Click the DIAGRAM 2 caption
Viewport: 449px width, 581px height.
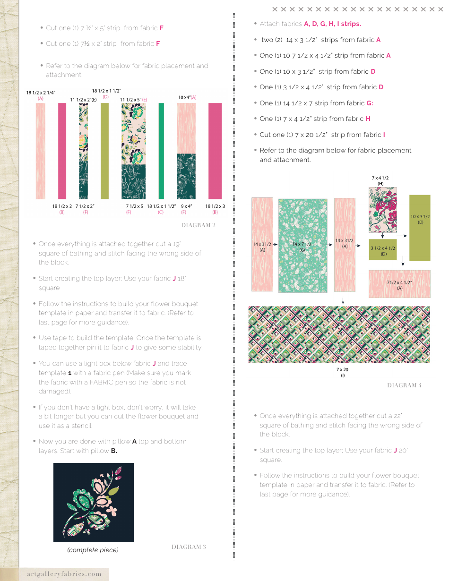(198, 225)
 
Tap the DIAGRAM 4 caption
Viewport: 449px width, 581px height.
(404, 385)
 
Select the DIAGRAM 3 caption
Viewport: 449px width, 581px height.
(189, 547)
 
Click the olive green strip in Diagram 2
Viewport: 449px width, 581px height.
(104, 151)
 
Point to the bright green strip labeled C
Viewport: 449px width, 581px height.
(161, 151)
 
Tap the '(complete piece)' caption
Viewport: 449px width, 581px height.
(93, 550)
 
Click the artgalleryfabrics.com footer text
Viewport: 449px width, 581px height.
(61, 574)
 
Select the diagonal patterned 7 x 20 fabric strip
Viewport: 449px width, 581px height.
(339, 334)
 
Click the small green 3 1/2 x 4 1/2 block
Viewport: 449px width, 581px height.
(382, 249)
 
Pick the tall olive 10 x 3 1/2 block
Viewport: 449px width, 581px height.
(420, 228)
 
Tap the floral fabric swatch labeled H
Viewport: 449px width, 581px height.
(382, 210)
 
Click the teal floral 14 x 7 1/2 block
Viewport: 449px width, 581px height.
(303, 246)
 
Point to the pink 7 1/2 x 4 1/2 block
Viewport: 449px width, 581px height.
(399, 284)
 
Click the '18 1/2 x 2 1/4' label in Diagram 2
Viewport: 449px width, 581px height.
(41, 93)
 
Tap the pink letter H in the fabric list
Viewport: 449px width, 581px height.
(368, 119)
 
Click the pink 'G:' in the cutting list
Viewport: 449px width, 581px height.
(370, 103)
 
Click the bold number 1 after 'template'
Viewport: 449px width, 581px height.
(69, 373)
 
